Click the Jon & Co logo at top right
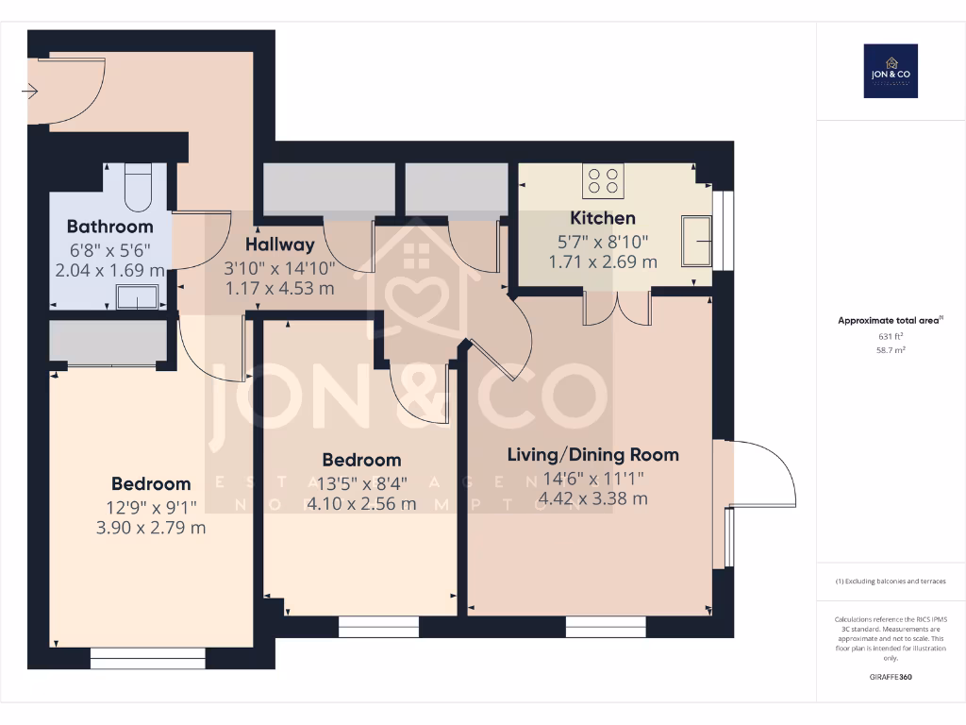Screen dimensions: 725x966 coord(891,71)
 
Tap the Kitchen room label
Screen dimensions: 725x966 coord(602,218)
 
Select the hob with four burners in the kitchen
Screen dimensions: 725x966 coord(602,180)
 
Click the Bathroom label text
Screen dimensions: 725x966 coord(109,227)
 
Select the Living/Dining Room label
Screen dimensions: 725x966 coord(592,455)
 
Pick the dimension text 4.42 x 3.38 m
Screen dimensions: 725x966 coord(592,498)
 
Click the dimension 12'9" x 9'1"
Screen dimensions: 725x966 coord(151,507)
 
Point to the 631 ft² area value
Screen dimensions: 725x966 coord(891,336)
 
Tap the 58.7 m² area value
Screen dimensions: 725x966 coord(891,349)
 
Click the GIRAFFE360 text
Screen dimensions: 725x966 coord(891,677)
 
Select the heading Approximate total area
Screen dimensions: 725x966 coord(889,321)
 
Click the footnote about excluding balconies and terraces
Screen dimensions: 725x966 coord(891,582)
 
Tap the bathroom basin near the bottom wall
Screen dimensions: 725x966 coord(137,299)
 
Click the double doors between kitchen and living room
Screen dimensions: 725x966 coord(617,308)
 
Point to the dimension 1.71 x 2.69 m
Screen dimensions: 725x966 coord(602,262)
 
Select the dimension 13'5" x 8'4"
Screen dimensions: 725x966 coord(361,482)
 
